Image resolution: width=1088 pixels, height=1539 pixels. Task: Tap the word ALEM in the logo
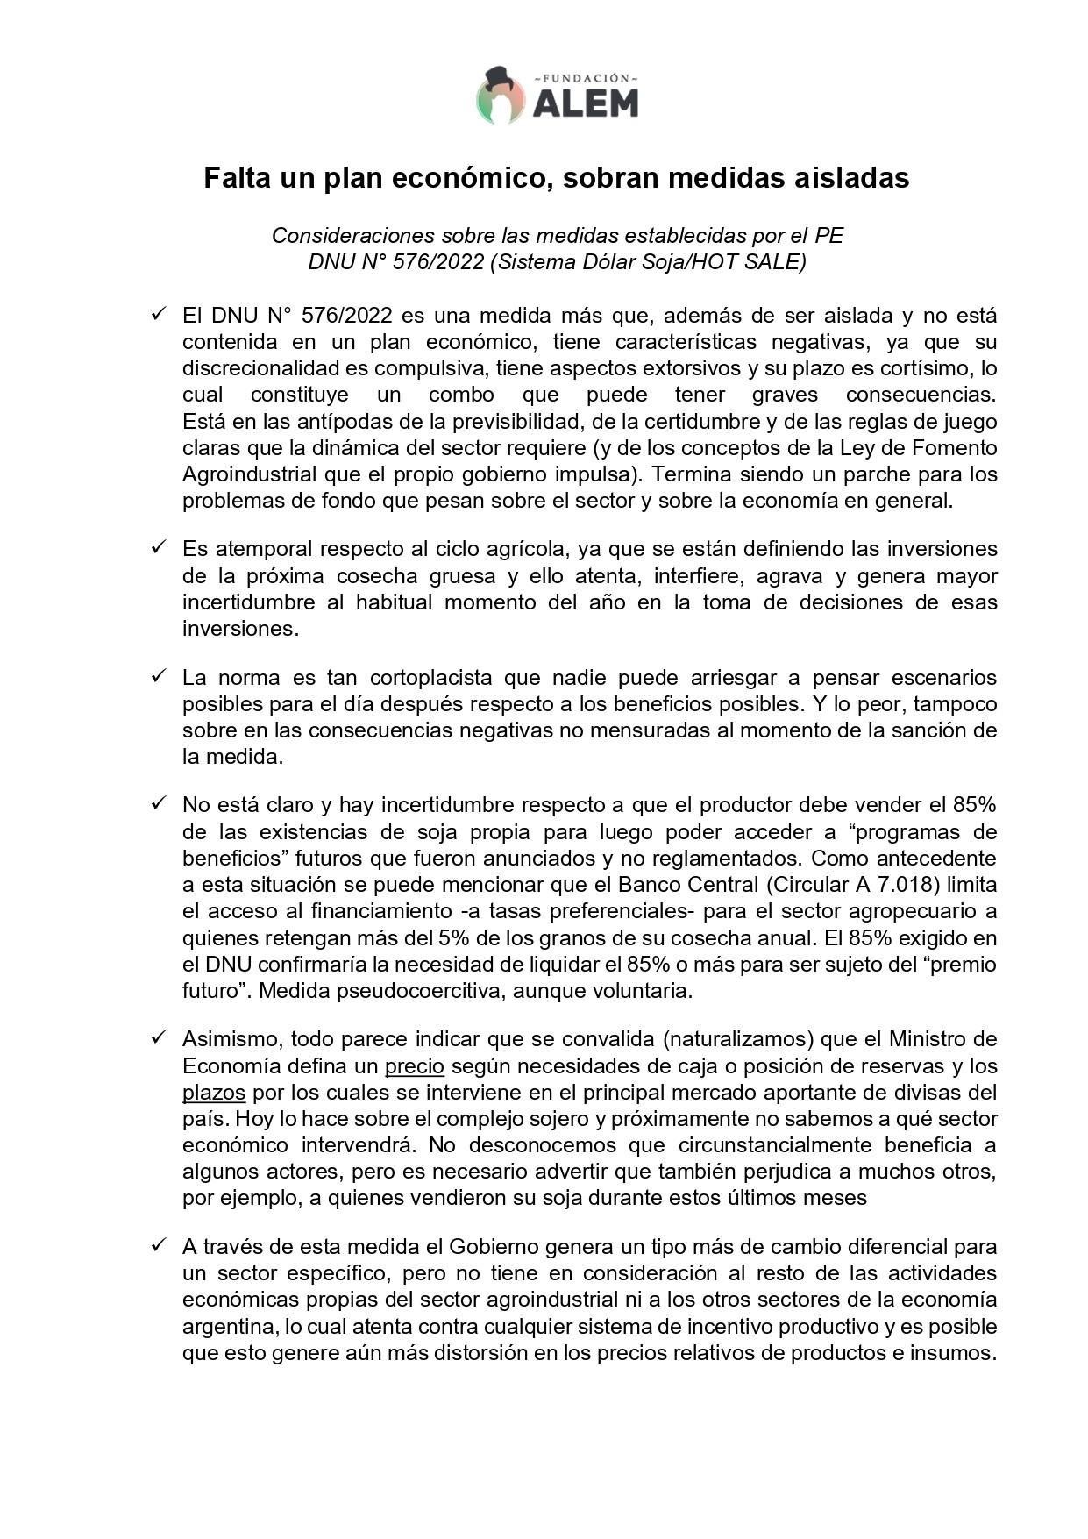coord(585,103)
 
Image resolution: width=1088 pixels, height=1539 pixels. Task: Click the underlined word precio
coord(415,1066)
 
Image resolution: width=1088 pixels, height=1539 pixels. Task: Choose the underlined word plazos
coord(213,1093)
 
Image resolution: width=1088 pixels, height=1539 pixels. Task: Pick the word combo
coord(461,395)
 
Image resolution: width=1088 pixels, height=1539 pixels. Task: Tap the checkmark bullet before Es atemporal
coord(158,547)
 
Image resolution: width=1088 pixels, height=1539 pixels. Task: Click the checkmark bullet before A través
coord(158,1244)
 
